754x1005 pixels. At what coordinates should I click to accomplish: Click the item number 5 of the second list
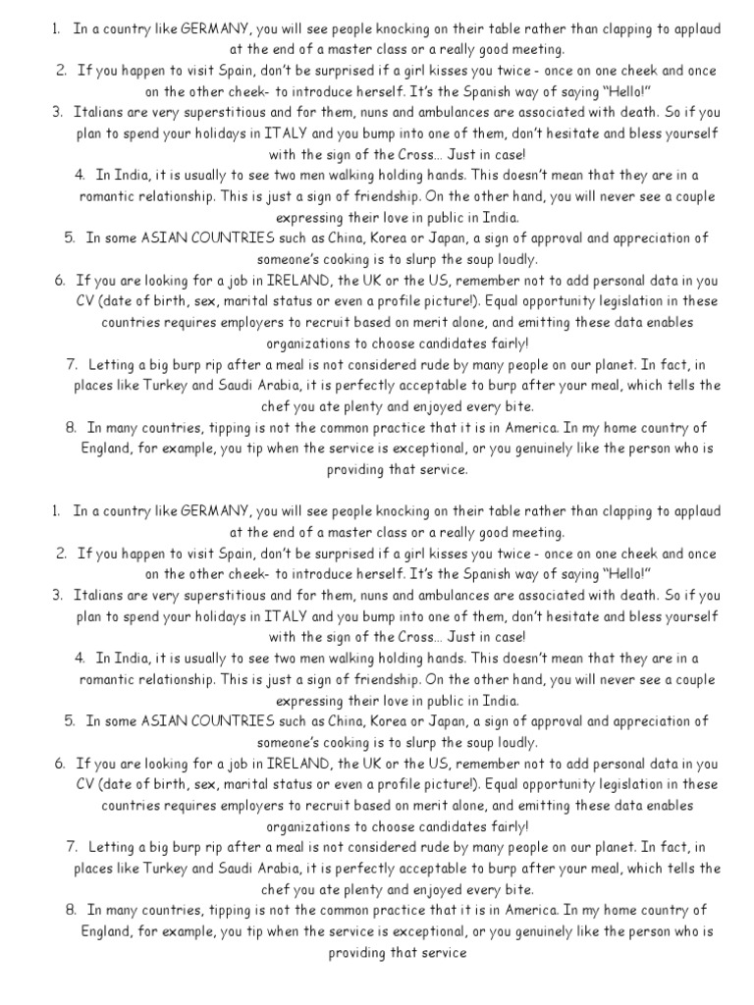click(x=70, y=720)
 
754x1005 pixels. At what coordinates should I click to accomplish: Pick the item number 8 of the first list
click(x=71, y=427)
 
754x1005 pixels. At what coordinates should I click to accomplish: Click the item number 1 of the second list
click(x=55, y=511)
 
